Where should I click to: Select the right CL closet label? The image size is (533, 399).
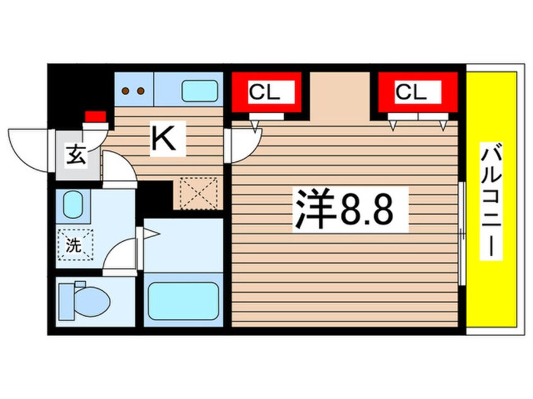[x=411, y=93]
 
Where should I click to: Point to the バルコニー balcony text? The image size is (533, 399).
[x=493, y=201]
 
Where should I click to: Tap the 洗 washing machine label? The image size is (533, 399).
[x=74, y=244]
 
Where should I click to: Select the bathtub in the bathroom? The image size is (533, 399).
[x=182, y=300]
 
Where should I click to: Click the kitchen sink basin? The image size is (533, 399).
[x=200, y=91]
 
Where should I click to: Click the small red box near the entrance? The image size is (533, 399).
[x=95, y=116]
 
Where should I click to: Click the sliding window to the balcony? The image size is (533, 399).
[x=462, y=233]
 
